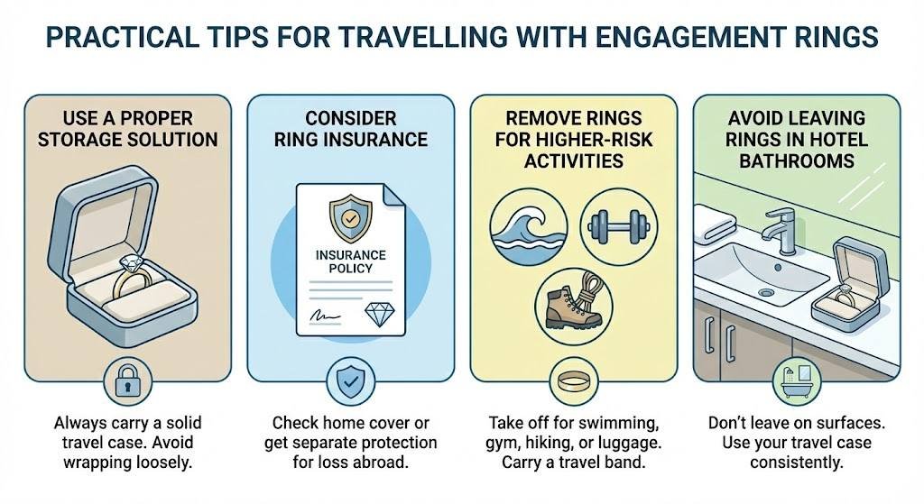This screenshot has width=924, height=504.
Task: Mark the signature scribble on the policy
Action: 323,316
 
